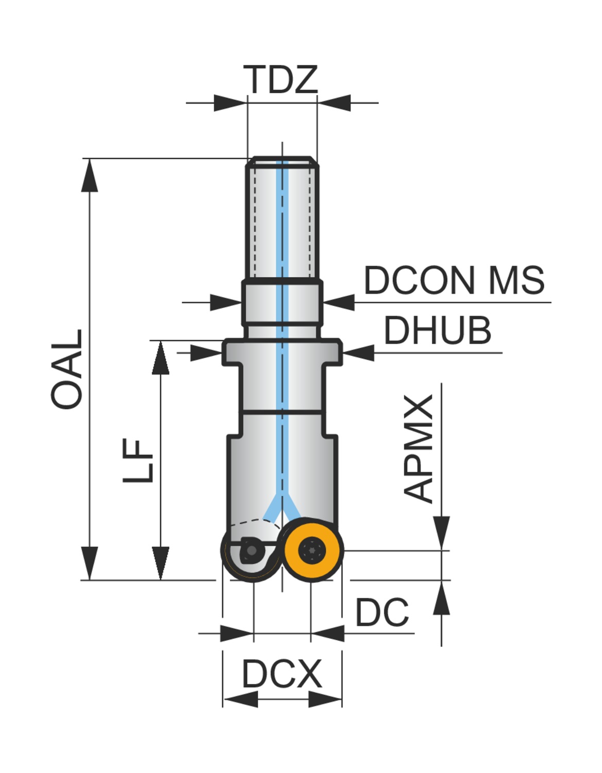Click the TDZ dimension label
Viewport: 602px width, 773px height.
pyautogui.click(x=281, y=79)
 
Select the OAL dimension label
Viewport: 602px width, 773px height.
pyautogui.click(x=67, y=369)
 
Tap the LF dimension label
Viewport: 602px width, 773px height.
pyautogui.click(x=138, y=461)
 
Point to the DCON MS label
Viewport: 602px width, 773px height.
pyautogui.click(x=454, y=280)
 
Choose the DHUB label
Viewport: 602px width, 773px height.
pyautogui.click(x=437, y=330)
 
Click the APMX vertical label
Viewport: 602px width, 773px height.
pyautogui.click(x=419, y=448)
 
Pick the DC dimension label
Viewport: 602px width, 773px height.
pyautogui.click(x=382, y=613)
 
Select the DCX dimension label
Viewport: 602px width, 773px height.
pyautogui.click(x=282, y=674)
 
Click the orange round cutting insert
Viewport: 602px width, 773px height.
pyautogui.click(x=313, y=550)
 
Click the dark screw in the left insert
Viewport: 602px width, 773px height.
pyautogui.click(x=251, y=551)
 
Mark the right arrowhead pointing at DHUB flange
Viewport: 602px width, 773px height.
pyautogui.click(x=359, y=353)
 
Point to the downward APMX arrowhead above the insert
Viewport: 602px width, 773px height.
pyautogui.click(x=442, y=533)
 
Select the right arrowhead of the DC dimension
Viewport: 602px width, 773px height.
pyautogui.click(x=328, y=633)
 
